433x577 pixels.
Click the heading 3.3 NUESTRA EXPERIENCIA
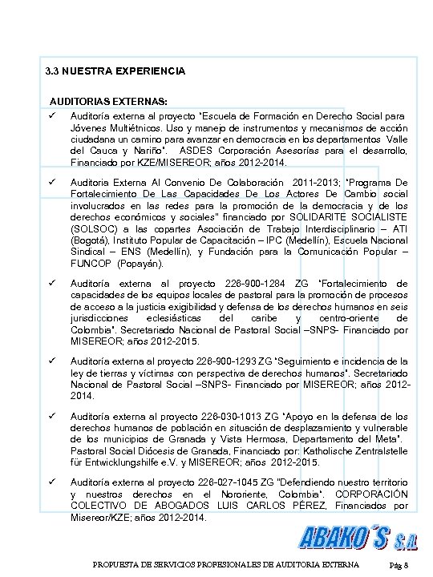115,71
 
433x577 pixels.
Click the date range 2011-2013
318,183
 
